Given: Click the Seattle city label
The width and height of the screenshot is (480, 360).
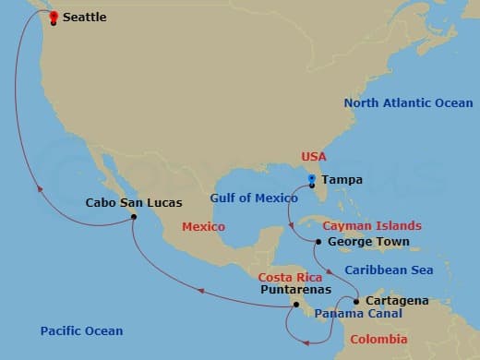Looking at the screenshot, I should pos(84,18).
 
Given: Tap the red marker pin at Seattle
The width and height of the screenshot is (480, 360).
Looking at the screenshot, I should pos(54,16).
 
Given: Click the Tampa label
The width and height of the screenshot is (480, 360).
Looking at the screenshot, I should pos(342,180).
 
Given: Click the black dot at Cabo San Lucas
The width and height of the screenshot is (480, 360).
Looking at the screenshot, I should pos(134,217).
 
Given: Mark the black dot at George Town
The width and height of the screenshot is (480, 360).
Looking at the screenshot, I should pos(318,242).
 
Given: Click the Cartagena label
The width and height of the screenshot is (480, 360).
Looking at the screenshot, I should pos(397,301).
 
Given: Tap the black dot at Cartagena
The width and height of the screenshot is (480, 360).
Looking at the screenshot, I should pos(356,301).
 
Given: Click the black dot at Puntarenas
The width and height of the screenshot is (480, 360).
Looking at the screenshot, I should pos(296,304).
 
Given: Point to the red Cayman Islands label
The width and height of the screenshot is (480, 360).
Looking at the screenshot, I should pos(372,225).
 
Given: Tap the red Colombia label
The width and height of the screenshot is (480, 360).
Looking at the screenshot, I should pos(378,340).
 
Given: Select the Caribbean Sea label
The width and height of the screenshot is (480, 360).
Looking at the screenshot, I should pos(388,270).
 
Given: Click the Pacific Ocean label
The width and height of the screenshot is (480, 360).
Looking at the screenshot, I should pos(81,330).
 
